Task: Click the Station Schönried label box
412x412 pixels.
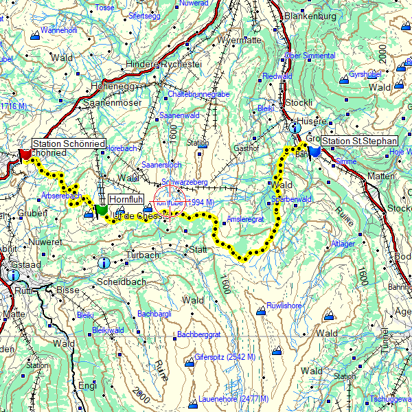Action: click(x=69, y=144)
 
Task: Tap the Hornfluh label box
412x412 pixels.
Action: click(x=125, y=199)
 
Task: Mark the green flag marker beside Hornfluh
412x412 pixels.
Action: click(x=102, y=209)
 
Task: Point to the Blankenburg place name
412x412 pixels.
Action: click(x=310, y=16)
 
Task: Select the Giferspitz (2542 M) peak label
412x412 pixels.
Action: click(x=225, y=358)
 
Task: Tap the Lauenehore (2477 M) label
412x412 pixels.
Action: click(x=234, y=399)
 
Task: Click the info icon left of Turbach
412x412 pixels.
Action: click(x=104, y=262)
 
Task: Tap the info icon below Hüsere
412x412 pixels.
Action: click(x=295, y=127)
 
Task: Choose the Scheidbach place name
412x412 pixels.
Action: click(x=120, y=282)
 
